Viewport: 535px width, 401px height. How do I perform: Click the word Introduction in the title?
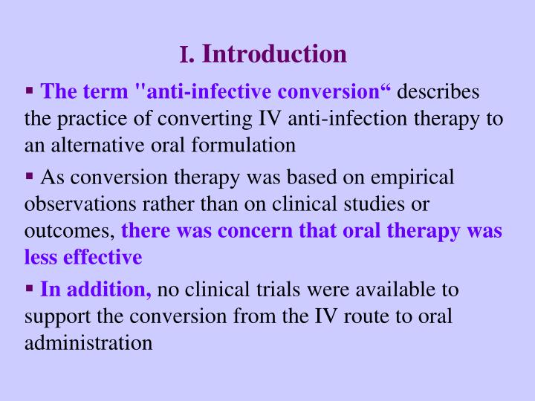pyautogui.click(x=274, y=54)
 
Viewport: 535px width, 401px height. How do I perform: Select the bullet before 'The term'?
pyautogui.click(x=30, y=91)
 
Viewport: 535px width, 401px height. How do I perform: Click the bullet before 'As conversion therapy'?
pyautogui.click(x=30, y=176)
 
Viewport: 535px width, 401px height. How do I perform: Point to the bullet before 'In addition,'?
pyautogui.click(x=30, y=287)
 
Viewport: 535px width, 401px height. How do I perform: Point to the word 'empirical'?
pyautogui.click(x=417, y=177)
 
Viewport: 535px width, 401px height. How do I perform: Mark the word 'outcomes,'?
pyautogui.click(x=70, y=230)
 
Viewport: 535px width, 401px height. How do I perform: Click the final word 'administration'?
pyautogui.click(x=88, y=342)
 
